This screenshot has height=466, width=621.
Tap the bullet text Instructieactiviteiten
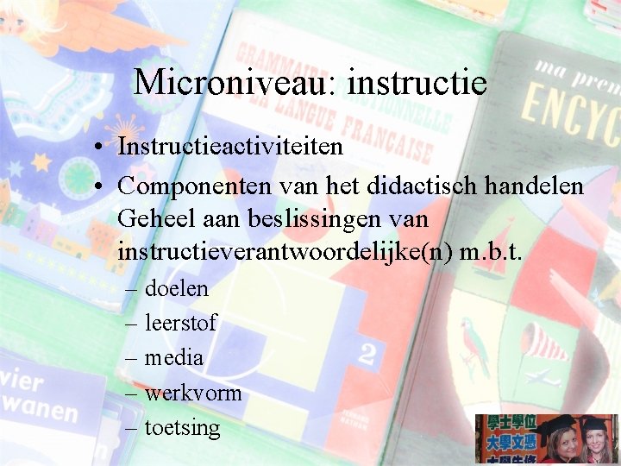pos(230,147)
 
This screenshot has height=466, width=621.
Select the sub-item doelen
pos(176,288)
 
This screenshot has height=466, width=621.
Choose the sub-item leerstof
pos(180,324)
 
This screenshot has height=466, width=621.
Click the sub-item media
pos(173,357)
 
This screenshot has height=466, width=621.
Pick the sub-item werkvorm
pos(192,393)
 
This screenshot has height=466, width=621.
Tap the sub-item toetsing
pos(182,427)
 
